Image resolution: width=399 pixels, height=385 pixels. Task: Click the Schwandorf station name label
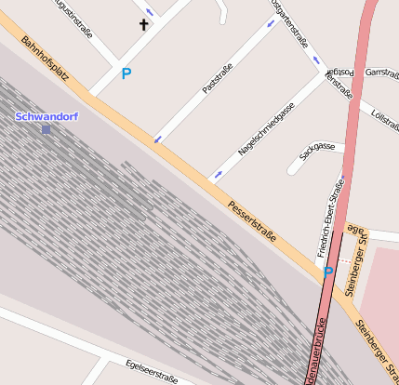pyautogui.click(x=47, y=116)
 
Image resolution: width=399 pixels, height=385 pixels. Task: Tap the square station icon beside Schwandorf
pyautogui.click(x=46, y=129)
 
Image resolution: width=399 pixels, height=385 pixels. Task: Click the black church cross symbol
pyautogui.click(x=144, y=24)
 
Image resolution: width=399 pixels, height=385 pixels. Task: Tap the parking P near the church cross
pyautogui.click(x=126, y=73)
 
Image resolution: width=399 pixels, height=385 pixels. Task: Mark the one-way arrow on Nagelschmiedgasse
pyautogui.click(x=218, y=173)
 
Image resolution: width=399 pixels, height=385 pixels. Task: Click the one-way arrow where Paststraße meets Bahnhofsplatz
pyautogui.click(x=157, y=139)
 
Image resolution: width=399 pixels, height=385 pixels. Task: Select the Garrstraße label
pyautogui.click(x=382, y=72)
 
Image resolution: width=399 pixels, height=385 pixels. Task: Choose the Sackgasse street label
pyautogui.click(x=317, y=148)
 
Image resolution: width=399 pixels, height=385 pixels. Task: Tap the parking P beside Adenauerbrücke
pyautogui.click(x=327, y=272)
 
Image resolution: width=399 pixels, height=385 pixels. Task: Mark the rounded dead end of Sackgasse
pyautogui.click(x=295, y=167)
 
